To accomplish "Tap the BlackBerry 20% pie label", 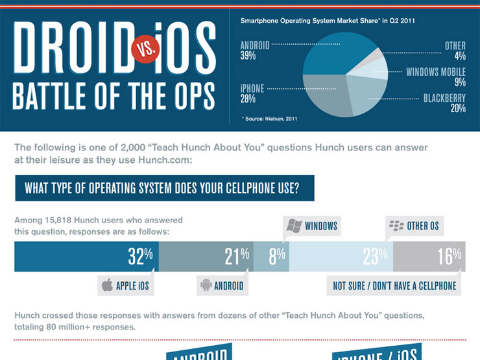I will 444,103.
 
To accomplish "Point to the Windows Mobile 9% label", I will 436,77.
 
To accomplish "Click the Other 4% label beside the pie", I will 455,51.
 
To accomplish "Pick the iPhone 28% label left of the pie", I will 252,93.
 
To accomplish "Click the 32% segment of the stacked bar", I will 86,257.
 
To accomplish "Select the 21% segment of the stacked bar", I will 206,257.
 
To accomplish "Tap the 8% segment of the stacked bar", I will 271,257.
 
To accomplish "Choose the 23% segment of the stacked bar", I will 341,257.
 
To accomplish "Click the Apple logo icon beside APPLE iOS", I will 107,285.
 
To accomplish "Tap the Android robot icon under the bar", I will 206,285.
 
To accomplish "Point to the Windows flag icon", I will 294,226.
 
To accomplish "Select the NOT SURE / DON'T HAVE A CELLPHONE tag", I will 394,285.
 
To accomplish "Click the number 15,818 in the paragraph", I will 64,221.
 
